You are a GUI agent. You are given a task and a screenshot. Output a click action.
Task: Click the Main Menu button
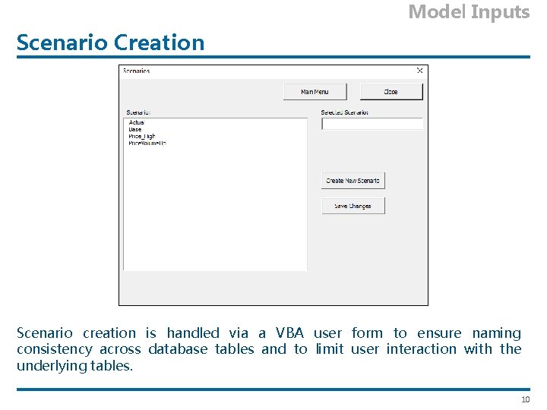point(315,92)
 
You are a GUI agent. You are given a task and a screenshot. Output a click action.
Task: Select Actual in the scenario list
point(137,122)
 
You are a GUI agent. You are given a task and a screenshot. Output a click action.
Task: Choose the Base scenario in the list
point(135,129)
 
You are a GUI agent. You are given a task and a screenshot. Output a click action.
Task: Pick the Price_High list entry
point(142,136)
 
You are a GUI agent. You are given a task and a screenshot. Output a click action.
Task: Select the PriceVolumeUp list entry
point(147,143)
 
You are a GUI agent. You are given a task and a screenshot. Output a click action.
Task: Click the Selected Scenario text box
point(372,124)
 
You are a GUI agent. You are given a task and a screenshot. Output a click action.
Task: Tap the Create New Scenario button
point(353,181)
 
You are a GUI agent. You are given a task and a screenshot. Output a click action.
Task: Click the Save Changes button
point(353,206)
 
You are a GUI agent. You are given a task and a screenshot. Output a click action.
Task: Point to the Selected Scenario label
point(344,112)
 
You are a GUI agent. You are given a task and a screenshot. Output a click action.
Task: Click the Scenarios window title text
point(137,71)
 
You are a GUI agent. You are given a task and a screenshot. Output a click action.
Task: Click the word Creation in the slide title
point(159,43)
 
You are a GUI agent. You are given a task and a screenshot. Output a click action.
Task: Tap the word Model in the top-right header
point(437,11)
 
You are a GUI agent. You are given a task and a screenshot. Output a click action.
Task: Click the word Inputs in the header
point(500,11)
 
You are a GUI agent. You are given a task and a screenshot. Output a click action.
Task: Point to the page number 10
point(524,400)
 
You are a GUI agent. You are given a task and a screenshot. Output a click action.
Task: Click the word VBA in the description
point(289,333)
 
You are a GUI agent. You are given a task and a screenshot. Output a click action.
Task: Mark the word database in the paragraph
point(178,349)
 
